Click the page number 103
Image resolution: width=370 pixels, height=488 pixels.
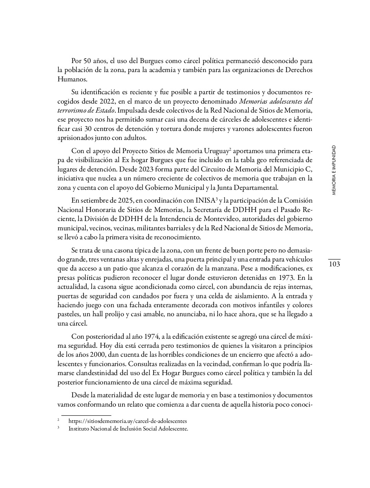click(334, 264)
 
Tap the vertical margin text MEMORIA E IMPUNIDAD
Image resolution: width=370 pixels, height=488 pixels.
click(334, 170)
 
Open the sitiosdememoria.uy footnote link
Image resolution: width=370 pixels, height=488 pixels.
click(127, 421)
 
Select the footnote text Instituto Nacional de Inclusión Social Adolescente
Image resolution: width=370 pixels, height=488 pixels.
click(128, 428)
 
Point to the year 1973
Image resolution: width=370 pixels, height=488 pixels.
click(287, 278)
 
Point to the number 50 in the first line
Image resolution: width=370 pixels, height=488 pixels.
click(88, 61)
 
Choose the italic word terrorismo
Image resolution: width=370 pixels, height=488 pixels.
click(72, 111)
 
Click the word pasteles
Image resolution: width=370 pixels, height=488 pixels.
click(68, 314)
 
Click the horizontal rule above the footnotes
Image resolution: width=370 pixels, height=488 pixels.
click(86, 415)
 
